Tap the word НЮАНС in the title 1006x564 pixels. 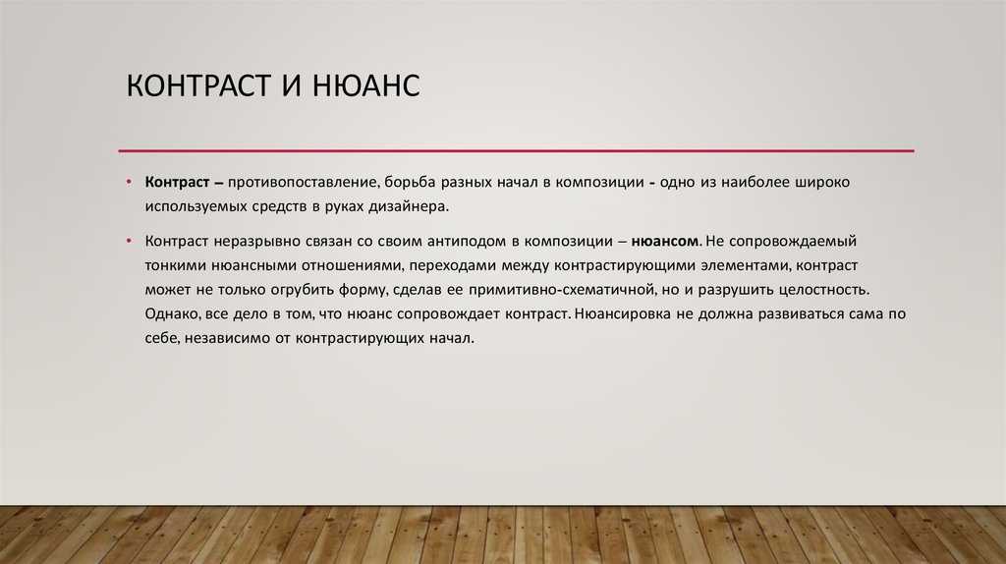coord(365,86)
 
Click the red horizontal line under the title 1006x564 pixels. coord(516,150)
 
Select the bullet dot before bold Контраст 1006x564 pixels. coord(129,182)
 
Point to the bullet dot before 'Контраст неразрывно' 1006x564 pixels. coord(129,242)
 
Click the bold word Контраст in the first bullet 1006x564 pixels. coord(177,182)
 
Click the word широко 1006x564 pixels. coord(822,183)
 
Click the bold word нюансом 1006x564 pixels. coord(665,242)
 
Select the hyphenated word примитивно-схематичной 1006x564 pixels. coord(561,290)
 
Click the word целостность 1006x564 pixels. coord(824,290)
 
